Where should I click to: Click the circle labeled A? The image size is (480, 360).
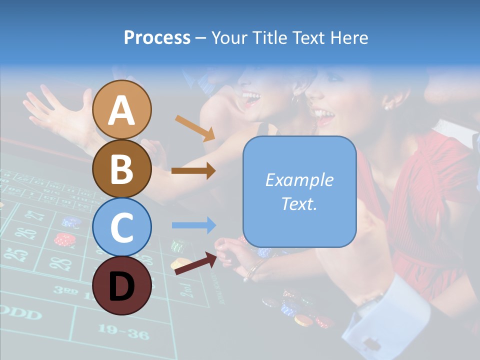[122, 110]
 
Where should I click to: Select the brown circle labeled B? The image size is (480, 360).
[122, 168]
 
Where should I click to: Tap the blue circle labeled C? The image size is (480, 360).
[122, 227]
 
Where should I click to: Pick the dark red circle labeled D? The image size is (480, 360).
[122, 285]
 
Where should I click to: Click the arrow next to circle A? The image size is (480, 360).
[195, 128]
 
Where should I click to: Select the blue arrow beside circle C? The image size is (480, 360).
[193, 225]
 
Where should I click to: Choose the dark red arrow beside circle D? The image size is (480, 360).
[195, 263]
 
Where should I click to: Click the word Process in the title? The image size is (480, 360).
[157, 37]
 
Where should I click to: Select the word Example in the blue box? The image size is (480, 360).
[299, 180]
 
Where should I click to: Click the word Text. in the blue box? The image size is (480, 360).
[299, 203]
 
